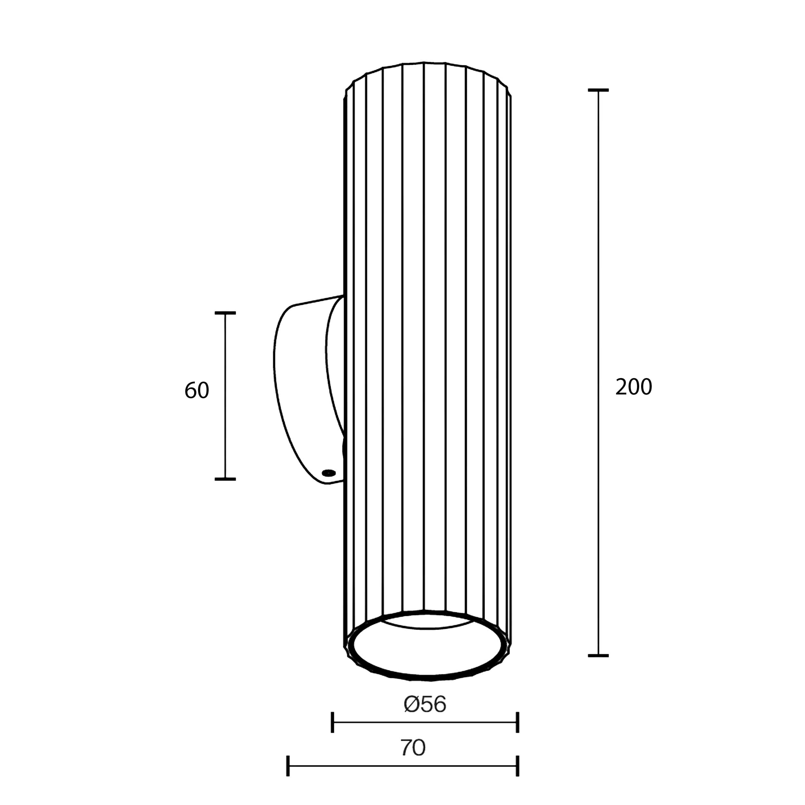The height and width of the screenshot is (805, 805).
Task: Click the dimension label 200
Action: [x=633, y=387]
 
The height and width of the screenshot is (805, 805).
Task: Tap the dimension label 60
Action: [x=197, y=390]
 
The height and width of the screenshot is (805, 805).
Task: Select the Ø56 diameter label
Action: [x=425, y=704]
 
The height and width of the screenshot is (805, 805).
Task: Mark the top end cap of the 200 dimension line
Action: [x=598, y=90]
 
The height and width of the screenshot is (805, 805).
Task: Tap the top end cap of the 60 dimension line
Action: [x=225, y=312]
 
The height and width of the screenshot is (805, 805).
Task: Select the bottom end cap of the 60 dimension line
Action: [x=225, y=479]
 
